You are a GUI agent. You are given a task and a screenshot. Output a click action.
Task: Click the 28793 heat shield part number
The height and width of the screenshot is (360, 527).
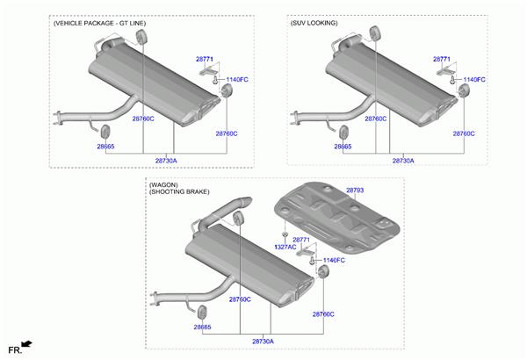click(x=355, y=191)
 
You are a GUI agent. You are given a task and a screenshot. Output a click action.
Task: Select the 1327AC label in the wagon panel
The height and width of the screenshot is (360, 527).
click(x=285, y=247)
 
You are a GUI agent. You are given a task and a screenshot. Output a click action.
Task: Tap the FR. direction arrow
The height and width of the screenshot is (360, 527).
click(x=26, y=344)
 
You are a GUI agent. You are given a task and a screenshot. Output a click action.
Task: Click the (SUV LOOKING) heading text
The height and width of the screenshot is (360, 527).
click(x=314, y=23)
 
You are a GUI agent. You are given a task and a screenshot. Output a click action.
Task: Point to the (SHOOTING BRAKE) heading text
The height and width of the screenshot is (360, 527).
click(x=179, y=191)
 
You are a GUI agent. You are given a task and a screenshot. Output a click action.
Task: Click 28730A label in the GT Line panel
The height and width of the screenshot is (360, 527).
click(x=166, y=161)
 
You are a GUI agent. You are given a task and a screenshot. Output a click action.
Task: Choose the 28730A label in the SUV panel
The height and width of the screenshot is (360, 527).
click(x=403, y=161)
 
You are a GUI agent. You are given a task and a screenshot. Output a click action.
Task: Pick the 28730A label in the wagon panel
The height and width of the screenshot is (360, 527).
click(x=263, y=342)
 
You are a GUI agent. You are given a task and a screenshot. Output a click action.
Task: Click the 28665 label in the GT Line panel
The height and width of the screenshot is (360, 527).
click(x=105, y=147)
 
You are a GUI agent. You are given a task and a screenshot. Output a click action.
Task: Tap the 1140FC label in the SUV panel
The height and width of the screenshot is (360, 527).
click(x=474, y=80)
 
